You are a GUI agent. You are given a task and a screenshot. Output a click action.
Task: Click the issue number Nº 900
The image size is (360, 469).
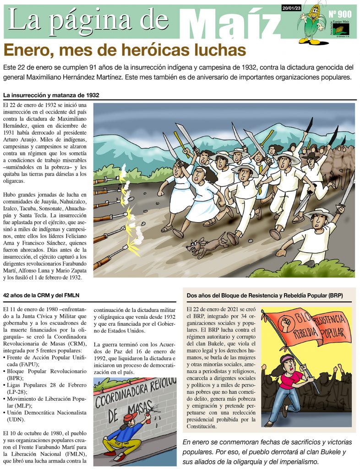coord(340,14)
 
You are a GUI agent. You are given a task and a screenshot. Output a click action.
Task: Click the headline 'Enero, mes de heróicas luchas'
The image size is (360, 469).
coord(125,50)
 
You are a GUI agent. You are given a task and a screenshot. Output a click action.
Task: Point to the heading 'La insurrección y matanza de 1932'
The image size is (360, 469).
coord(51,95)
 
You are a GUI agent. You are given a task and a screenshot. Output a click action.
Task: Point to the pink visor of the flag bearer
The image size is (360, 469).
coord(287,360)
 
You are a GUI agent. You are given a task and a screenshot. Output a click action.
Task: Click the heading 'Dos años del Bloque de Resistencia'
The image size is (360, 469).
coord(265,295)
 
